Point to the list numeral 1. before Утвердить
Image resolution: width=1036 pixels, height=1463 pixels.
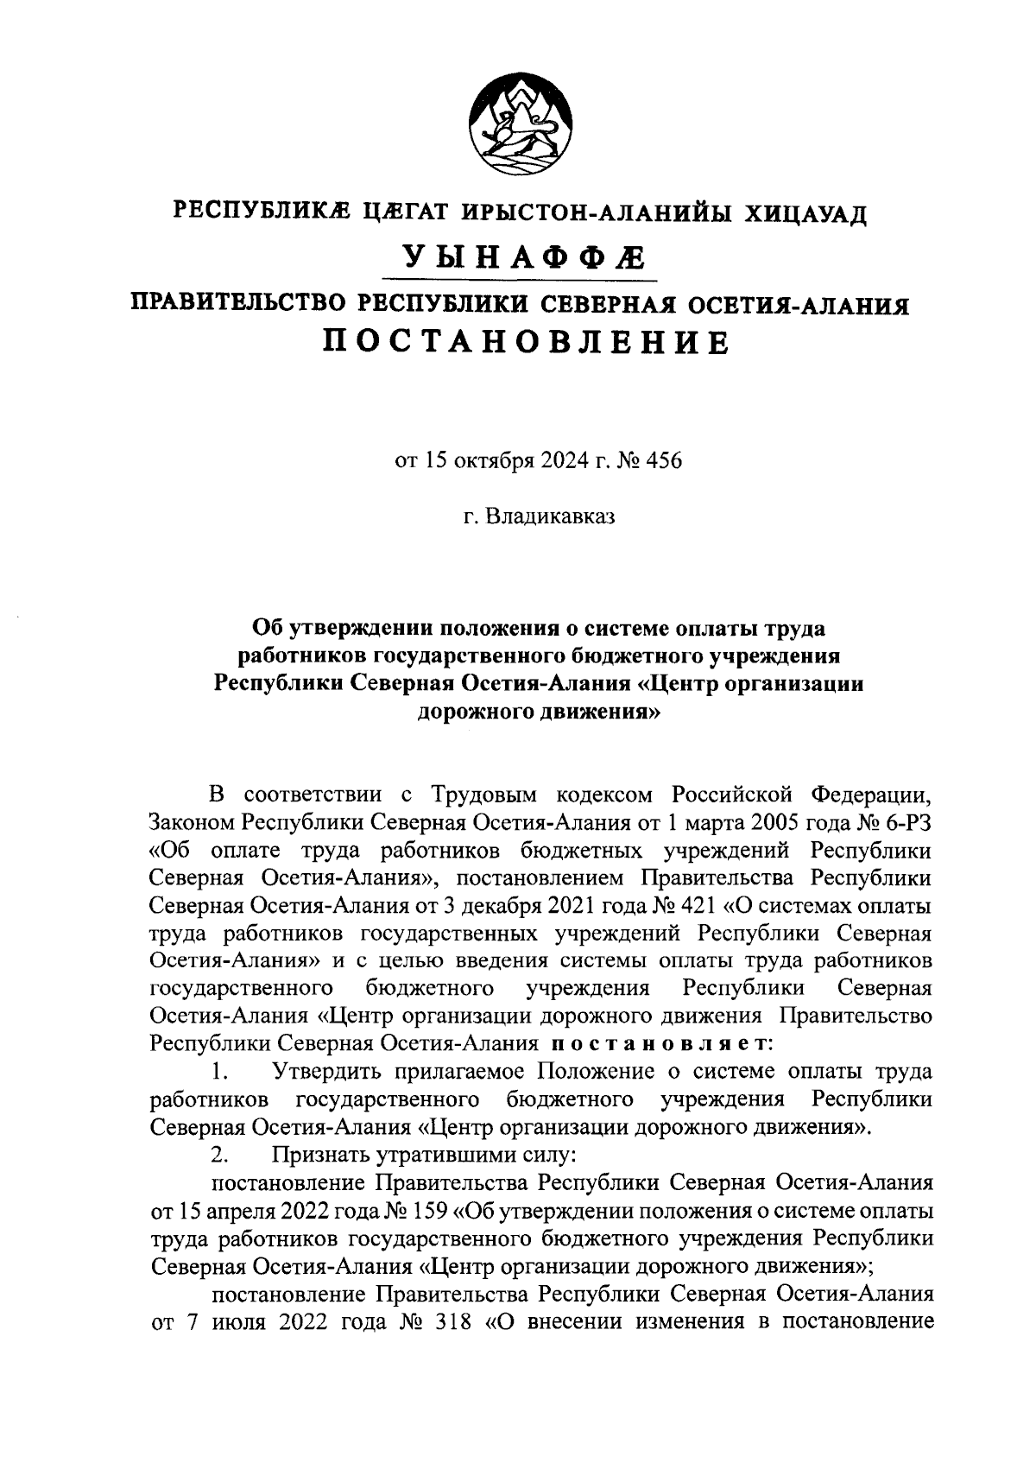219,1072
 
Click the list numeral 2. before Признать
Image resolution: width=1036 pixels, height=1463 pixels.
219,1155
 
